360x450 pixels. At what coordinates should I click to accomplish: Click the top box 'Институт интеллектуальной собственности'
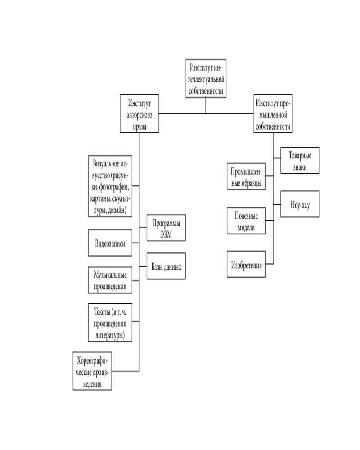tap(206, 78)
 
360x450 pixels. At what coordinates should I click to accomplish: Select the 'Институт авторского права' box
tap(139, 114)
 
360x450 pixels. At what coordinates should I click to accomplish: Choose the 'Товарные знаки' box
tap(300, 161)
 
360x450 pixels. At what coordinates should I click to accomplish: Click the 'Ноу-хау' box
tap(300, 205)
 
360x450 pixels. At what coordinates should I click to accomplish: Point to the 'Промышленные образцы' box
tap(246, 177)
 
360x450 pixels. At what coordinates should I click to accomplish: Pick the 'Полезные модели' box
tap(246, 221)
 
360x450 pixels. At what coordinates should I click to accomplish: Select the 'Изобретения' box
tap(246, 264)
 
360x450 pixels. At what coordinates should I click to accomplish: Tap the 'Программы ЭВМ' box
tap(166, 228)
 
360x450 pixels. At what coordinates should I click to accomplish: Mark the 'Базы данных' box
tap(166, 266)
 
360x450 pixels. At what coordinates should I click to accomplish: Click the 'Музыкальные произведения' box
tap(110, 280)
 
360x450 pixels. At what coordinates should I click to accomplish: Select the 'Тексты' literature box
tap(110, 322)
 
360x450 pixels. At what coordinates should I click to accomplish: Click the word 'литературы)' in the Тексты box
tap(110, 335)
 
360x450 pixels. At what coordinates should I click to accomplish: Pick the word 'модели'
tap(246, 227)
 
